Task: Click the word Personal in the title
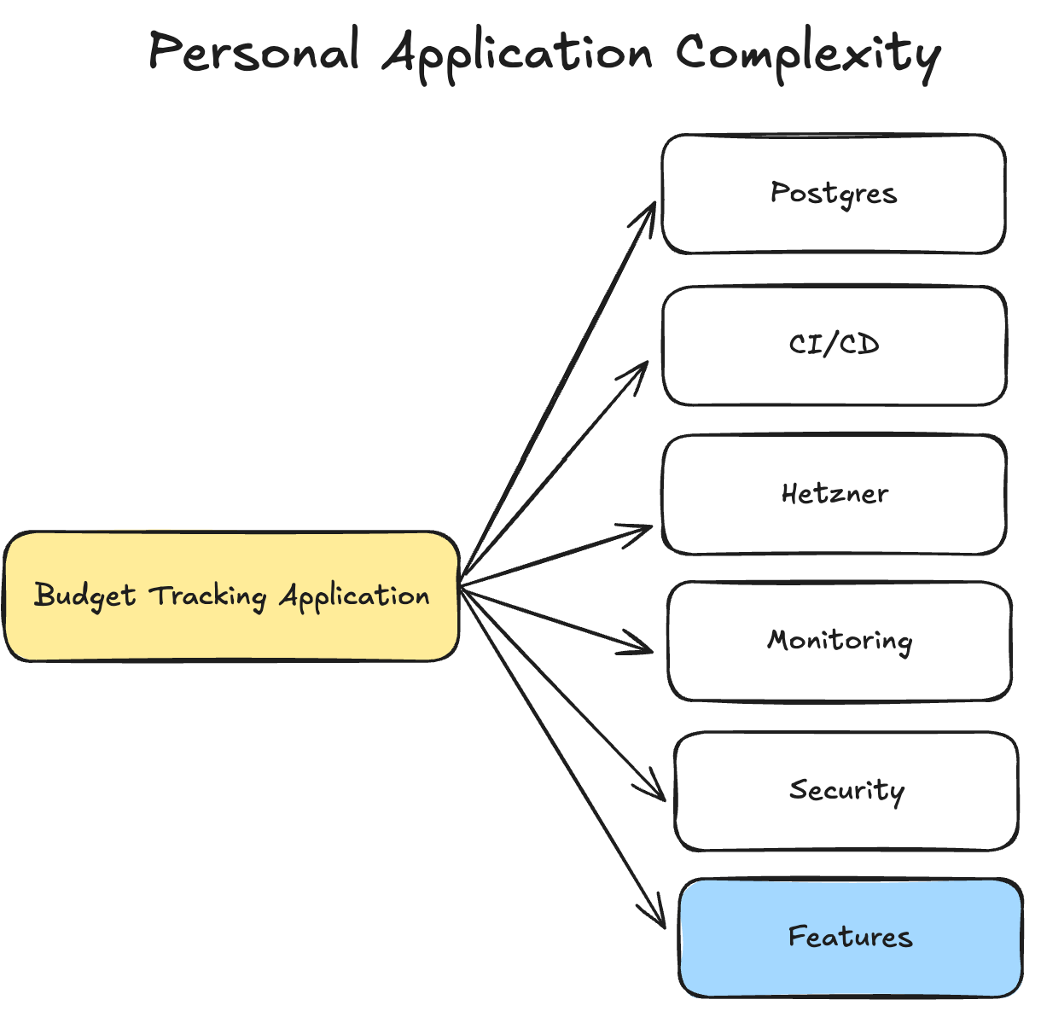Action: [253, 53]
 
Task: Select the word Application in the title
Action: [517, 55]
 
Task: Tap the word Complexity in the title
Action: [808, 55]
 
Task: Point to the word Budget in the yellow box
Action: [84, 596]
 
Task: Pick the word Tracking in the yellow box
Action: [208, 596]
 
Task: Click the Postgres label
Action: [834, 194]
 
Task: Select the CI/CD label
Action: [834, 345]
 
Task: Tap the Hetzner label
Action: [835, 493]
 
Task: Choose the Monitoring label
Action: [840, 641]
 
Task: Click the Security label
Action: [846, 791]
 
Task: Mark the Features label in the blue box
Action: [850, 937]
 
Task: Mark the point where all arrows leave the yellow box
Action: [461, 586]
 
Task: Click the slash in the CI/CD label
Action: [834, 345]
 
